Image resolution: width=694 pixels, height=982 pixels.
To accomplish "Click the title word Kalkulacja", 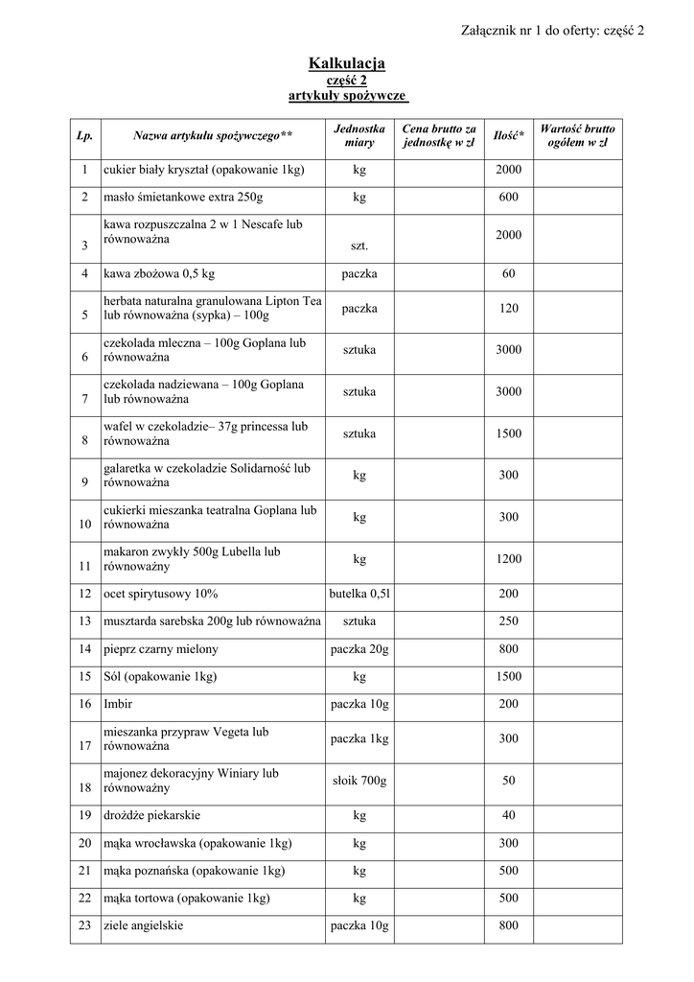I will [x=346, y=63].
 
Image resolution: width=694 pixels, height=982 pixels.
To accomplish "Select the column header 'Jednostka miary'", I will [x=359, y=135].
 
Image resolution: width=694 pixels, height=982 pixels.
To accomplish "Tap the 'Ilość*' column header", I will [x=508, y=136].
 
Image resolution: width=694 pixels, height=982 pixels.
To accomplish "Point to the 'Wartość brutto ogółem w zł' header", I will [x=578, y=135].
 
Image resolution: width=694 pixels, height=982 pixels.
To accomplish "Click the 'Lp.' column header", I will [x=84, y=136].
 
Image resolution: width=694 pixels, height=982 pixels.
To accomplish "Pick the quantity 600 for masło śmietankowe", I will [x=508, y=198].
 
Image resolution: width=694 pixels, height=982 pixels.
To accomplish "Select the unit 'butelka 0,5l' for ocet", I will [x=359, y=595].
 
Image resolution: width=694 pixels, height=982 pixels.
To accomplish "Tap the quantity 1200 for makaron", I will [x=508, y=559].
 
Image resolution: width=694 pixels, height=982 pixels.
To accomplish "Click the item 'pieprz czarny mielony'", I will [x=161, y=649].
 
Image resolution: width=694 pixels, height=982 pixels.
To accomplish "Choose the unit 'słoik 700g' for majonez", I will [x=359, y=781].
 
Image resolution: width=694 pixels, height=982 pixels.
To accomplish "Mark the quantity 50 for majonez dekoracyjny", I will [x=508, y=781].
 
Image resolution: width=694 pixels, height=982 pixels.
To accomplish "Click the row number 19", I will [x=84, y=816].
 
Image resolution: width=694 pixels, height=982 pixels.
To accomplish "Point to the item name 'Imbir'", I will [x=118, y=705].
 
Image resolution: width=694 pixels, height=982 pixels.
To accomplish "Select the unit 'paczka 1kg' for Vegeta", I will [x=359, y=738].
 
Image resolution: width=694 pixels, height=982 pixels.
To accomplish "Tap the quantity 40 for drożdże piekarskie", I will [x=508, y=816].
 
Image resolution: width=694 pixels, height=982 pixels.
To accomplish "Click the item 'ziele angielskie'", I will [x=144, y=926].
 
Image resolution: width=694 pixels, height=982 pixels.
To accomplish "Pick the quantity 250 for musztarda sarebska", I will [x=508, y=621].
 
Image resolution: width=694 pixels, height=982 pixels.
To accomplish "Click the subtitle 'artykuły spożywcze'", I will [x=347, y=97].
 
